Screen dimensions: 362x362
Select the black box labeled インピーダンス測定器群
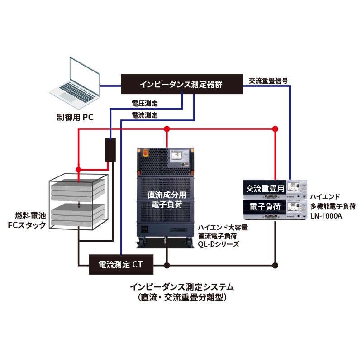[x=181, y=85]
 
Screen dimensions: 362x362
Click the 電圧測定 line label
[x=144, y=104]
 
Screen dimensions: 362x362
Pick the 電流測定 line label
[x=144, y=115]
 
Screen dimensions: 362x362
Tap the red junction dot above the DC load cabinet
[x=167, y=129]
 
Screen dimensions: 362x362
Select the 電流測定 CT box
[x=121, y=265]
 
